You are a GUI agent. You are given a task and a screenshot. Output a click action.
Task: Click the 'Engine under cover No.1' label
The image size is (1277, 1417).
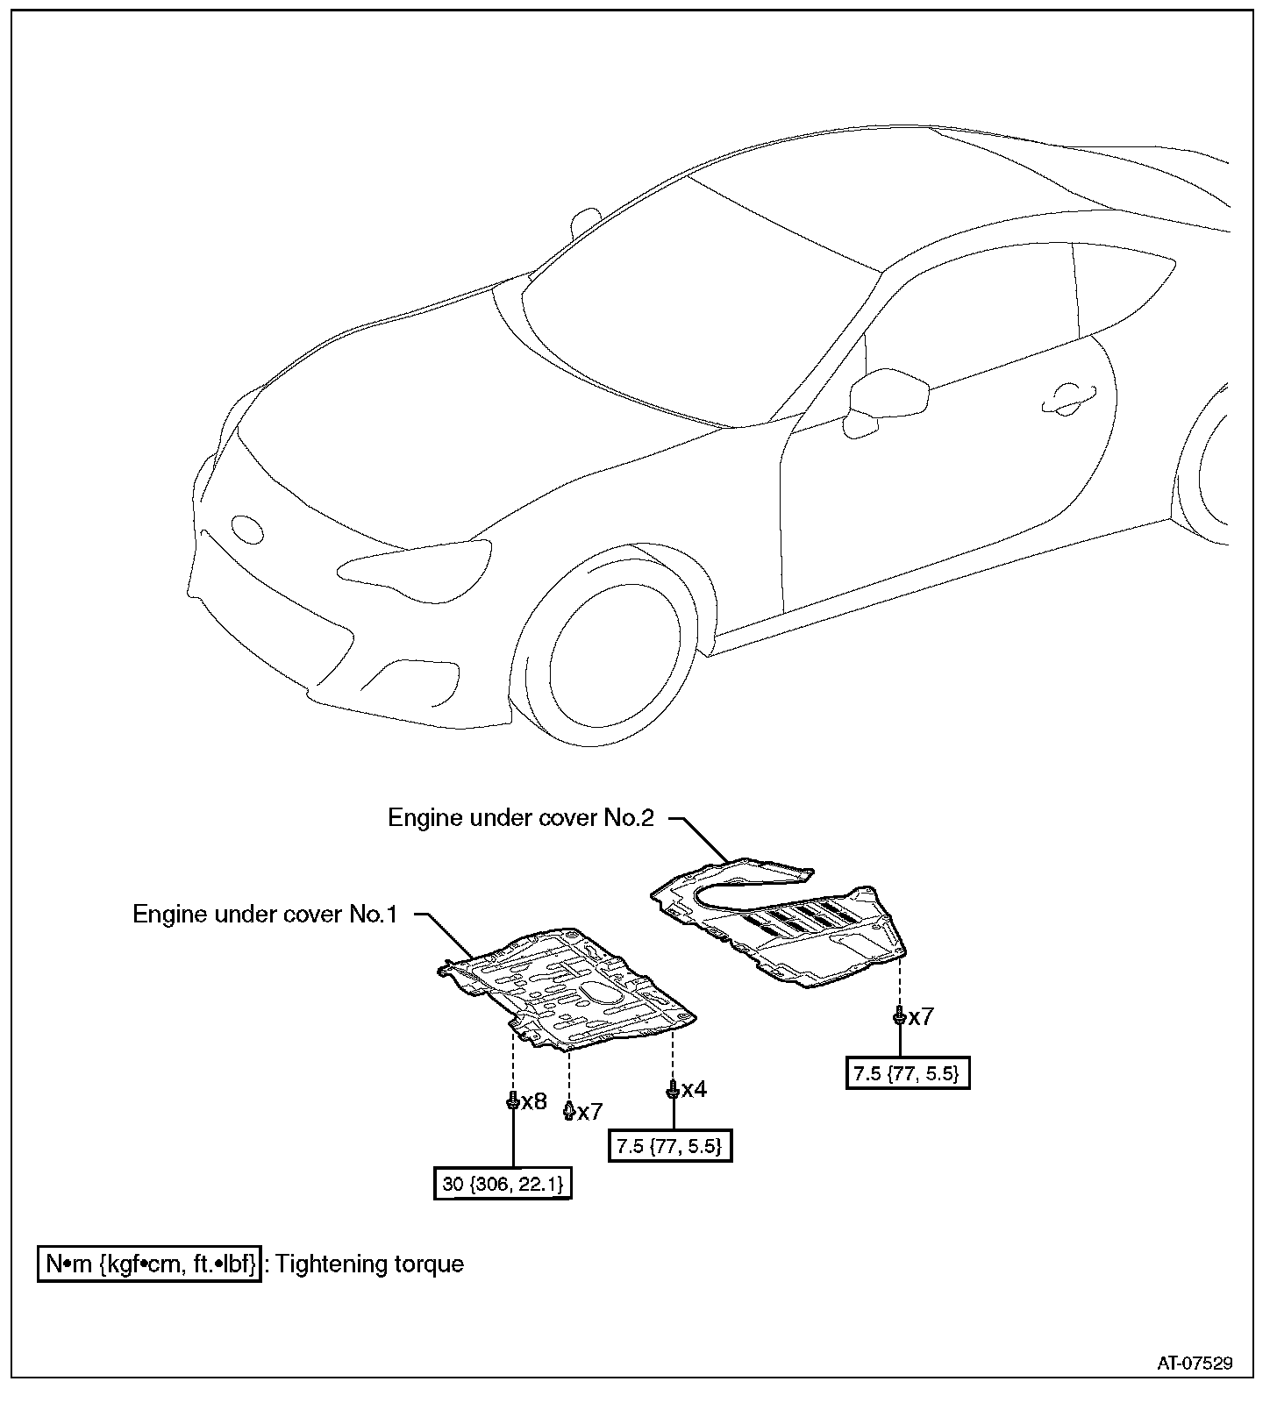tap(265, 914)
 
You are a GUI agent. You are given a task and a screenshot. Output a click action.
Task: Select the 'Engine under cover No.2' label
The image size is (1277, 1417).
tap(521, 817)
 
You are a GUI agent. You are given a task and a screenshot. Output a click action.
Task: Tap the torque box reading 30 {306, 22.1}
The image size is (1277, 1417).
tap(503, 1184)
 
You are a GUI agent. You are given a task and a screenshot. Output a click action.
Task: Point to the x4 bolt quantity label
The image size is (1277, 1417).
tap(694, 1089)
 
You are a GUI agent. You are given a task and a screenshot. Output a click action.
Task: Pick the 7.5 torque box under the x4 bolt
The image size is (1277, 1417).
tap(669, 1145)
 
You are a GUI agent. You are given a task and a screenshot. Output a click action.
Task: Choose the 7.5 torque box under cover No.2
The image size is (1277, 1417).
tap(908, 1072)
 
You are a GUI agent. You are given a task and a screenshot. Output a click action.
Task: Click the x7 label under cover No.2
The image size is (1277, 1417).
tap(921, 1017)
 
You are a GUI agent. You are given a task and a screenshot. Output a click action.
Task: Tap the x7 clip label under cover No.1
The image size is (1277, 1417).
tap(590, 1112)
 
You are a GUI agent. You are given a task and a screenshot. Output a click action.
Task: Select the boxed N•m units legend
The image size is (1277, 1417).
tap(150, 1264)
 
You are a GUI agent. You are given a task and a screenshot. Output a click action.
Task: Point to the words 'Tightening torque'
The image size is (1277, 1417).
tap(369, 1264)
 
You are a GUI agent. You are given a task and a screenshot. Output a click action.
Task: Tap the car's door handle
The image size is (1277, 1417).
tap(1067, 399)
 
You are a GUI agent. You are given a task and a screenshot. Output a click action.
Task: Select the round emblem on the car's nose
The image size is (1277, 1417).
tap(246, 529)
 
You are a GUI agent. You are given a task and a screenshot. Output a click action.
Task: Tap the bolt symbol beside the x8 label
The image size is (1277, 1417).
tap(512, 1101)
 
